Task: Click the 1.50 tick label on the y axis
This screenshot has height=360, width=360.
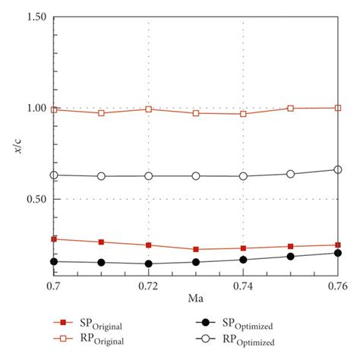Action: tap(34, 17)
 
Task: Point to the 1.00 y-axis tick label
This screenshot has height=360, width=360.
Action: tap(34, 108)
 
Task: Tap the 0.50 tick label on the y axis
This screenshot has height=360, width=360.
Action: tap(34, 199)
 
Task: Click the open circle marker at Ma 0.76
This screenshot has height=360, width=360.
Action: tap(338, 169)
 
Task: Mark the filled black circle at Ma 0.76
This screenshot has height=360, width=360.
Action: tap(338, 253)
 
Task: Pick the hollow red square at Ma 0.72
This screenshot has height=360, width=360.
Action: tap(148, 109)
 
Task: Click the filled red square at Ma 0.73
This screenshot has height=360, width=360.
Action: tap(196, 249)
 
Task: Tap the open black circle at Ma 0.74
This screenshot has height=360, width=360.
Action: tap(243, 176)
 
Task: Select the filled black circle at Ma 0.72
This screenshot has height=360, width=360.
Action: tap(148, 264)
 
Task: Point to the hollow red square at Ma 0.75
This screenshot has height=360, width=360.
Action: tap(291, 108)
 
